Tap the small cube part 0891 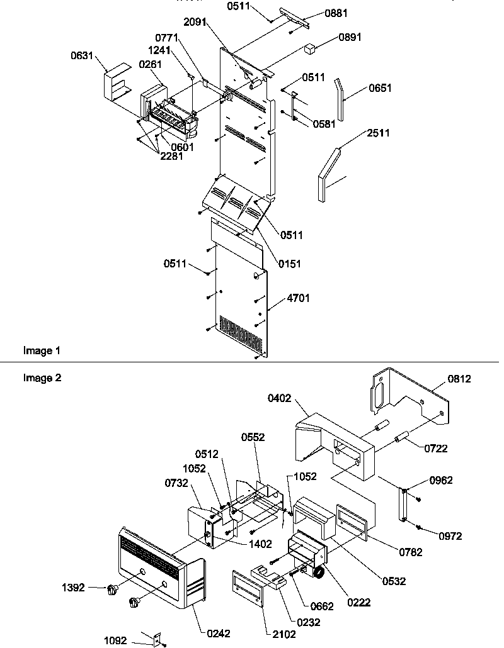click(309, 48)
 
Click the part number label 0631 click(83, 56)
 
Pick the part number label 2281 click(171, 156)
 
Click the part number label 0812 click(459, 379)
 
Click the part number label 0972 click(450, 536)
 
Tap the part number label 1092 click(115, 640)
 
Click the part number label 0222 click(359, 602)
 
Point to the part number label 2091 click(195, 21)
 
